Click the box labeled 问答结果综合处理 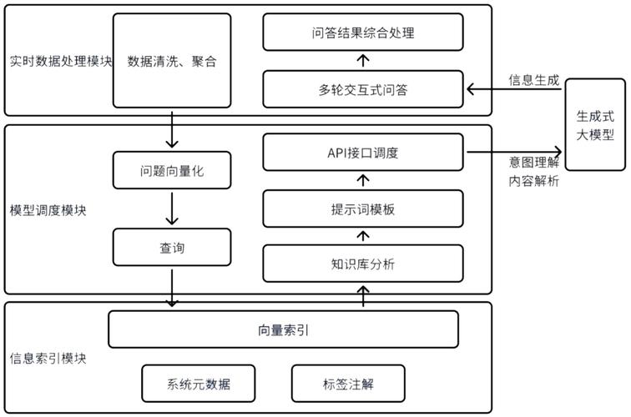pos(363,34)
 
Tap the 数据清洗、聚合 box pos(172,61)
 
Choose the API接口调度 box pos(363,153)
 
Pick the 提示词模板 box pos(363,208)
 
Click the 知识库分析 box pos(363,264)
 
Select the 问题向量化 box pos(172,172)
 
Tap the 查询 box pos(172,247)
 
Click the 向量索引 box pos(284,329)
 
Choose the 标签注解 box pos(348,384)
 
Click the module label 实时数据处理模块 pos(60,61)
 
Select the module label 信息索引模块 pos(48,359)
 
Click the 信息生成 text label pos(534,80)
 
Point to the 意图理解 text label pos(534,163)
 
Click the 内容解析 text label pos(534,181)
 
